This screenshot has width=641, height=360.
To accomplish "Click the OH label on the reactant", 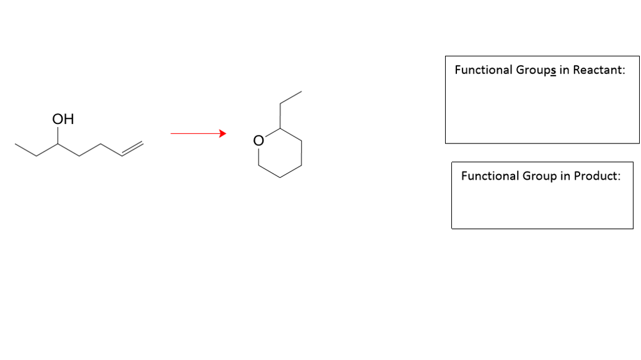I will click(x=63, y=119).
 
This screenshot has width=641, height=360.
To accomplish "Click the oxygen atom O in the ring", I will click(x=257, y=140).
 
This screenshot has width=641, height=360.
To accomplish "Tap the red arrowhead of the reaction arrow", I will click(x=221, y=133).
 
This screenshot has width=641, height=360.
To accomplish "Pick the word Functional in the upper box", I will click(x=483, y=69).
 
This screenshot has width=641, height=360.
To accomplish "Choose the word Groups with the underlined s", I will click(x=533, y=70).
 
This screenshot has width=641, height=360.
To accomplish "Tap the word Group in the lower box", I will click(x=538, y=177).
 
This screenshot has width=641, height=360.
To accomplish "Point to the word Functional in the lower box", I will click(x=490, y=176).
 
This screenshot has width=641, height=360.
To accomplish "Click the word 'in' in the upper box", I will click(x=563, y=69).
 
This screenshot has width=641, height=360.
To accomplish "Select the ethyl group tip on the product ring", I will click(x=302, y=93).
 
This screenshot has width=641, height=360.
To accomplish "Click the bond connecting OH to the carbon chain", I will click(x=58, y=136).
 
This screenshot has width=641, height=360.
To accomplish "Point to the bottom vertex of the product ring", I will click(x=279, y=178).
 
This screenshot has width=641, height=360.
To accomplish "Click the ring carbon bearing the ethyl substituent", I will click(x=279, y=128).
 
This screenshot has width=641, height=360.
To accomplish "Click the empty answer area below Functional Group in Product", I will click(x=542, y=207).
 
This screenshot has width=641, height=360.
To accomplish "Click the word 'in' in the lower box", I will click(x=563, y=176).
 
